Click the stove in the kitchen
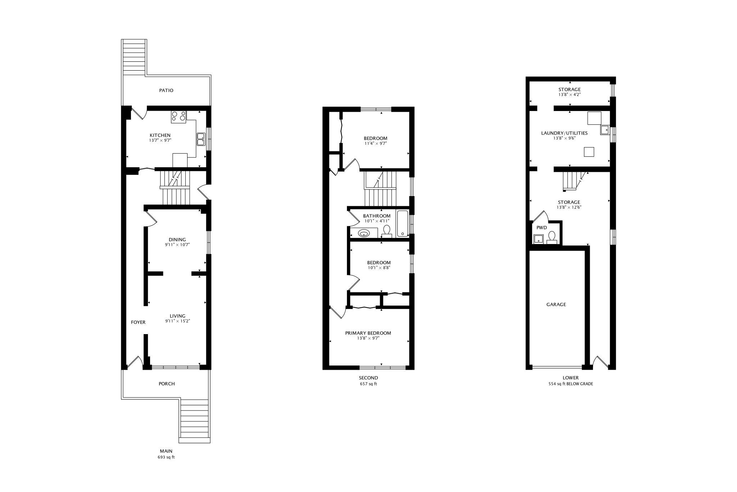pos(178,116)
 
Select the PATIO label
pos(166,90)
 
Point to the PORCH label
pos(167,384)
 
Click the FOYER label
pos(138,322)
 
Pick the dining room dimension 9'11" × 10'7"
pos(177,245)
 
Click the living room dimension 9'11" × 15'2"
pos(177,321)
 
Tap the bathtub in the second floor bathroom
pos(403,224)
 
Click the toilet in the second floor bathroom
pos(387,232)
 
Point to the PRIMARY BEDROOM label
pos(368,333)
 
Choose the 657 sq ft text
pos(368,384)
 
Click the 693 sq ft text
pos(166,457)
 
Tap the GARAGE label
pos(556,305)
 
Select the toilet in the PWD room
pos(552,238)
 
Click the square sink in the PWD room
pos(538,239)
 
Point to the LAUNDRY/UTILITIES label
pos(564,133)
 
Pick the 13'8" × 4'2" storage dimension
pos(570,94)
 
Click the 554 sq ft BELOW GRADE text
pos(571,384)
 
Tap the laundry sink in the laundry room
pos(605,130)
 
